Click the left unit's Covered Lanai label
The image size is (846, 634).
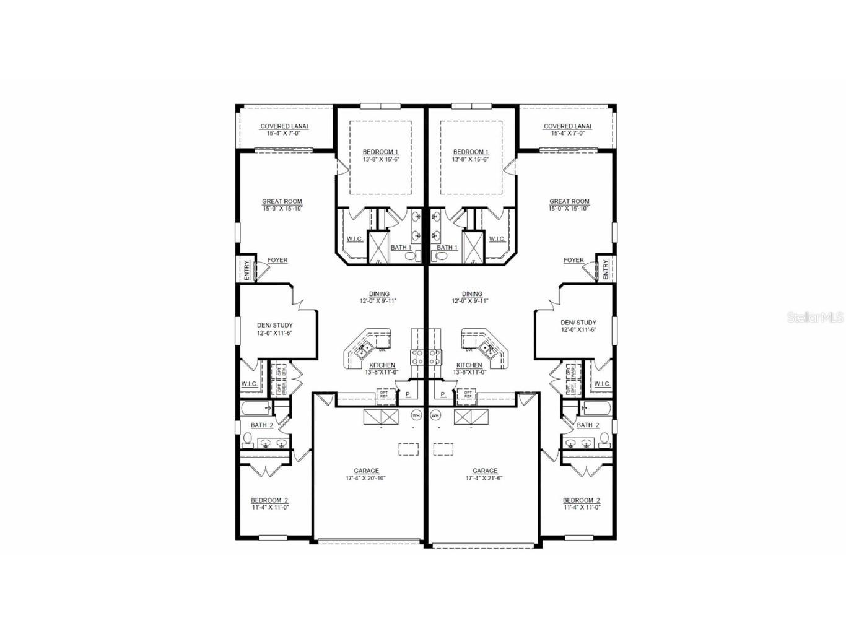pos(284,126)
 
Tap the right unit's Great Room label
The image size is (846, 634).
pos(569,201)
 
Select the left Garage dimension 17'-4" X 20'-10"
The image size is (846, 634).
pos(365,478)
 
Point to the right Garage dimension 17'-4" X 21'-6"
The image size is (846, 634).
pos(484,478)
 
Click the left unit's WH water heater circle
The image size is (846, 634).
pos(416,415)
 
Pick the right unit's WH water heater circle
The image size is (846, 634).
pos(435,415)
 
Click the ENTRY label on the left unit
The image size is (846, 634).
pos(247,270)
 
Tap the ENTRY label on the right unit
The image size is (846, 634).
pos(605,270)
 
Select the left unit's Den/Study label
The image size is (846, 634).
pos(274,325)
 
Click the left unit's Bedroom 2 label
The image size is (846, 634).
pos(269,500)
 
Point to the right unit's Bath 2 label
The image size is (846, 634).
pos(588,425)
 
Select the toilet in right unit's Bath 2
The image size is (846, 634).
pos(604,440)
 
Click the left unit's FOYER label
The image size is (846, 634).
pos(277,260)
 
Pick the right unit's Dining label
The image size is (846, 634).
pos(472,294)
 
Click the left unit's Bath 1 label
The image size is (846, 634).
pos(401,248)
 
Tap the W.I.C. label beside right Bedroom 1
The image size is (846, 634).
pos(497,239)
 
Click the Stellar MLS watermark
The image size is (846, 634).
pos(814,318)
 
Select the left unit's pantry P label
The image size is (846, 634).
pos(408,394)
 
